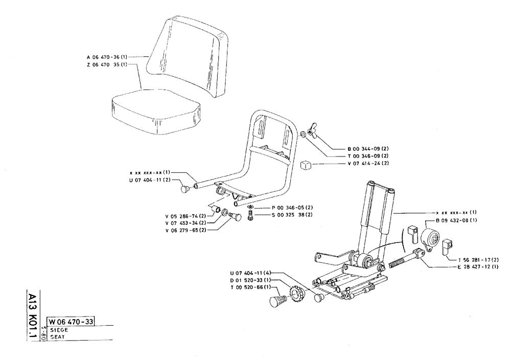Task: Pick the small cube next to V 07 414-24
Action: click(x=306, y=165)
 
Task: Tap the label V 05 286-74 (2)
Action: click(x=185, y=216)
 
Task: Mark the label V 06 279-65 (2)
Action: click(x=185, y=231)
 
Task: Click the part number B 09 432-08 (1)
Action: click(x=456, y=220)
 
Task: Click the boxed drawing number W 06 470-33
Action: click(x=71, y=322)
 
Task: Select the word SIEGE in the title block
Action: click(x=57, y=330)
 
